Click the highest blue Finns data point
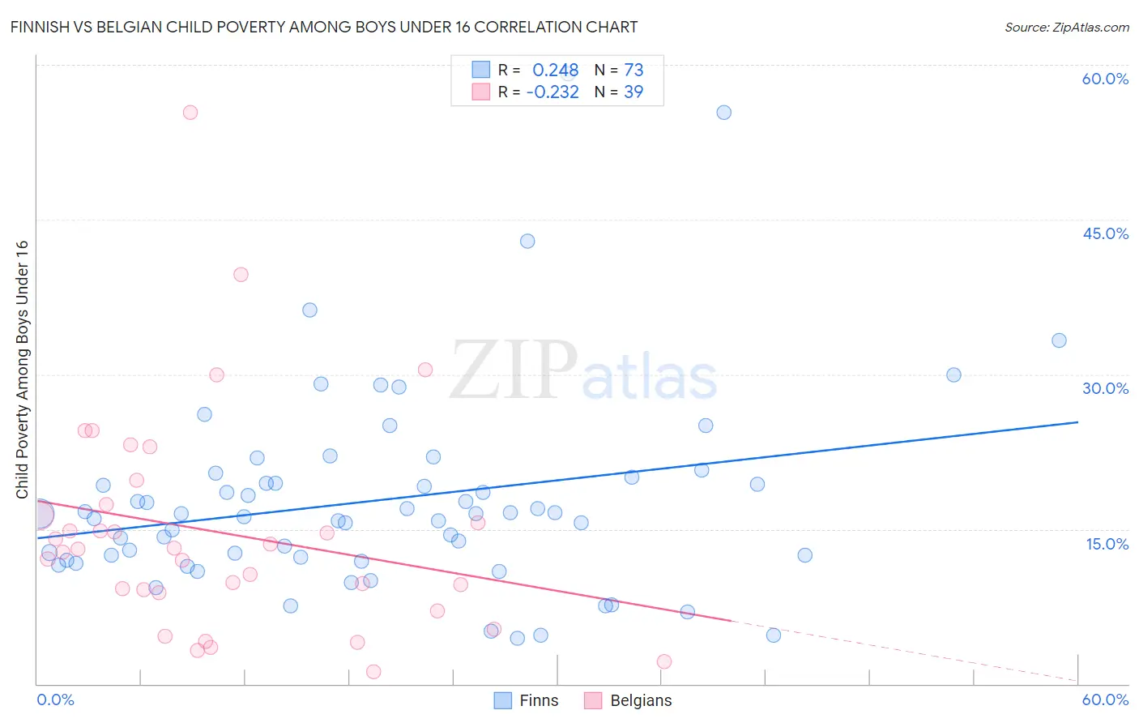point(724,113)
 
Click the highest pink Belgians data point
point(190,113)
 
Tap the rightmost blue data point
point(1059,340)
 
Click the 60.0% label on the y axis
point(1105,79)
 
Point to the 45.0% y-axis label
point(1105,233)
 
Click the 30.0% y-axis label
point(1105,388)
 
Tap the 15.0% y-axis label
point(1107,543)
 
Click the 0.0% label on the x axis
point(55,699)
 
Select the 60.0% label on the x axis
point(1105,699)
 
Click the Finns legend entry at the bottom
point(527,700)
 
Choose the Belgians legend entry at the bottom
point(629,700)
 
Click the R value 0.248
point(555,71)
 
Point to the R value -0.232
point(552,92)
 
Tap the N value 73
point(633,71)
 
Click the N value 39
point(633,92)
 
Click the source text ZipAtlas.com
point(1067,28)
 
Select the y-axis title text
point(22,370)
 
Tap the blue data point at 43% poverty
point(527,241)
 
